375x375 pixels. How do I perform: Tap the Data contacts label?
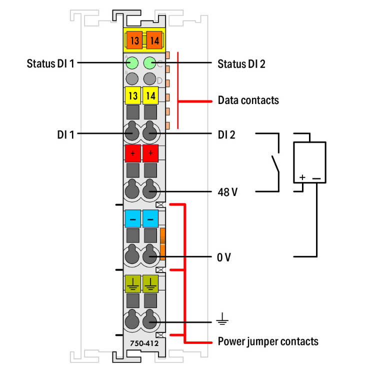248,100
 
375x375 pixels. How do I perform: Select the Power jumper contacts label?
267,342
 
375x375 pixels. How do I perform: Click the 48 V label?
227,191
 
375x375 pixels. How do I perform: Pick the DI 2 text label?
227,134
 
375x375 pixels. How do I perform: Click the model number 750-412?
141,344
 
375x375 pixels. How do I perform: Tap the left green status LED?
132,63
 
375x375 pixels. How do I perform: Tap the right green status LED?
150,63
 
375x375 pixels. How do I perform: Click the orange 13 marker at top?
133,40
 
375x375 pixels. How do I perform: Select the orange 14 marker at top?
154,40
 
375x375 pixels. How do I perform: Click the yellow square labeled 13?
132,95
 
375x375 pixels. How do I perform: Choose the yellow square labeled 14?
150,95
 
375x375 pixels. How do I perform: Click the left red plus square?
132,153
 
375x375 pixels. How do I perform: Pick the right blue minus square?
150,218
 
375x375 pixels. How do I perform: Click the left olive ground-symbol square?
132,284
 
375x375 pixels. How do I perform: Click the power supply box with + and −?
309,162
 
